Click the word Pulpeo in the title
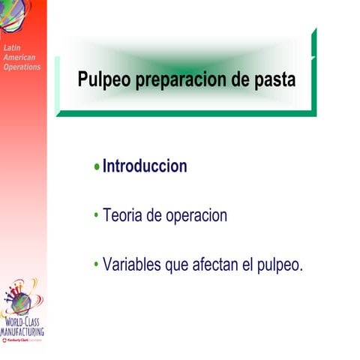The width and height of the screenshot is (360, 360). coord(104,79)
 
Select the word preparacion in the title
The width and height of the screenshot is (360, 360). coord(182,79)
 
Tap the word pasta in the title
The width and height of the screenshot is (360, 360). coord(274,79)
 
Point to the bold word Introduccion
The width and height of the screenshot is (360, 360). coord(145,166)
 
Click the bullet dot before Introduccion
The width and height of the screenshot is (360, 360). coord(97,167)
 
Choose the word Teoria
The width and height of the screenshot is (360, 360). coord(122,216)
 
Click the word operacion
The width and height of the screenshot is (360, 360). coord(196,216)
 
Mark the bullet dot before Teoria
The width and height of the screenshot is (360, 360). coord(97,216)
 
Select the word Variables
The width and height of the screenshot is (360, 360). coord(133,265)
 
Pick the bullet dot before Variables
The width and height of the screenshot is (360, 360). coord(97,265)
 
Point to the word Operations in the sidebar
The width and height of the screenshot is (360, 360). coord(22,67)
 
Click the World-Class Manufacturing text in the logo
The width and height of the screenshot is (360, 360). coord(22,326)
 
